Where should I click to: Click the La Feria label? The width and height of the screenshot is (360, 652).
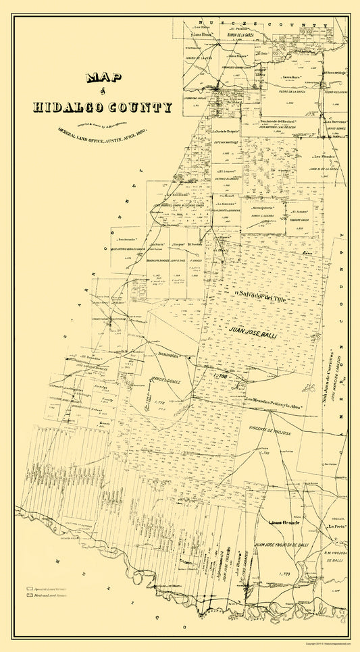[333, 526]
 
